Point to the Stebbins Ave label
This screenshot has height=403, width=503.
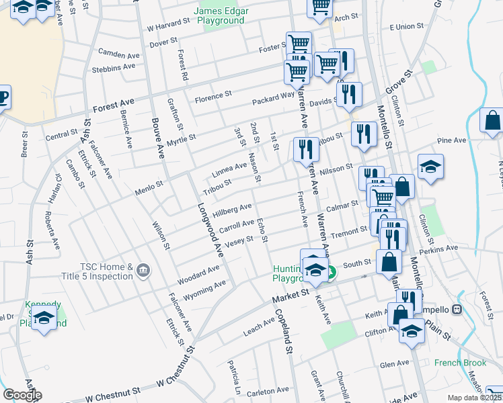pyautogui.click(x=114, y=68)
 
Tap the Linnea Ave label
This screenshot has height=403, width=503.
pyautogui.click(x=230, y=167)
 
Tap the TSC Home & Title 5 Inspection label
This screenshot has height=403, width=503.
pyautogui.click(x=106, y=271)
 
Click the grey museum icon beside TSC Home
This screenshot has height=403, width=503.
pyautogui.click(x=143, y=271)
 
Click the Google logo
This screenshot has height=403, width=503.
pyautogui.click(x=22, y=395)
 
